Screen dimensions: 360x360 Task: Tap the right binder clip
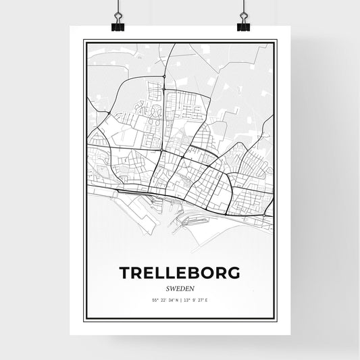tap(243, 26)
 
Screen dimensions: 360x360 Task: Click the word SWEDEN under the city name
tap(180, 286)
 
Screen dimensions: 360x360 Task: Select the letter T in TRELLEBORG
tap(125, 272)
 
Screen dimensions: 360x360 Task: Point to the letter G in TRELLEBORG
tap(233, 272)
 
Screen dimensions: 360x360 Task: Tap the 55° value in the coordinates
tap(155, 299)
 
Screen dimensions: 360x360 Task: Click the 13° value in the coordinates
tap(187, 299)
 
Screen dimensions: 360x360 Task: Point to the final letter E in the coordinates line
tap(206, 299)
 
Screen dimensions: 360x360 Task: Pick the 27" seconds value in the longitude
tap(200, 299)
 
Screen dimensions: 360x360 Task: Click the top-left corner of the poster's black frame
tap(84, 41)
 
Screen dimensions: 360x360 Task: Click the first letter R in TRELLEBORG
tap(138, 272)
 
